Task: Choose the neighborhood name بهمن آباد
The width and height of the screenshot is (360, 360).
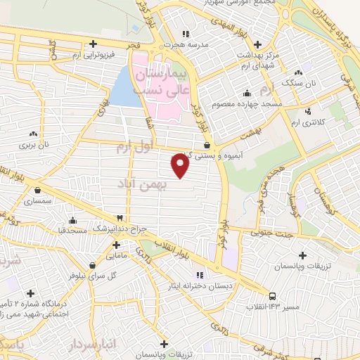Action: click(146, 182)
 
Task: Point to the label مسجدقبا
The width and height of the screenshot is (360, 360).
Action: click(72, 229)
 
